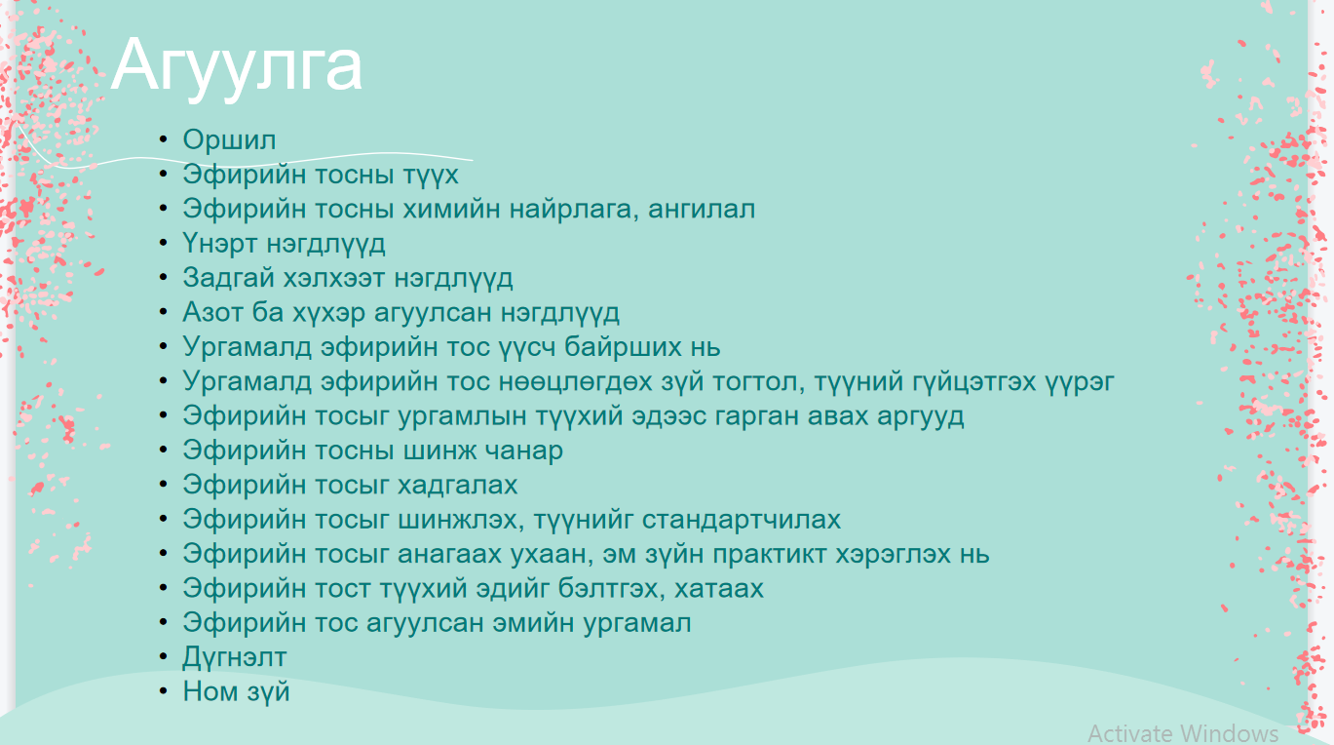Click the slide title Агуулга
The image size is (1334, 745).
(x=237, y=65)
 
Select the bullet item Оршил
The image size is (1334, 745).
(x=229, y=139)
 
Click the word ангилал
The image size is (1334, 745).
(x=700, y=209)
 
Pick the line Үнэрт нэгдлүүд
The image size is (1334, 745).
(x=284, y=243)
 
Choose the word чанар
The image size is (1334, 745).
(x=525, y=451)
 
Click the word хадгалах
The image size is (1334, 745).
(x=457, y=485)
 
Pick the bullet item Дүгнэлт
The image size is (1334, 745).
(x=234, y=657)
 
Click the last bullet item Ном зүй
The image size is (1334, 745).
(x=236, y=691)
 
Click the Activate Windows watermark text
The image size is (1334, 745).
(x=1182, y=733)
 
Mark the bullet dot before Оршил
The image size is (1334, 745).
(x=163, y=139)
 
